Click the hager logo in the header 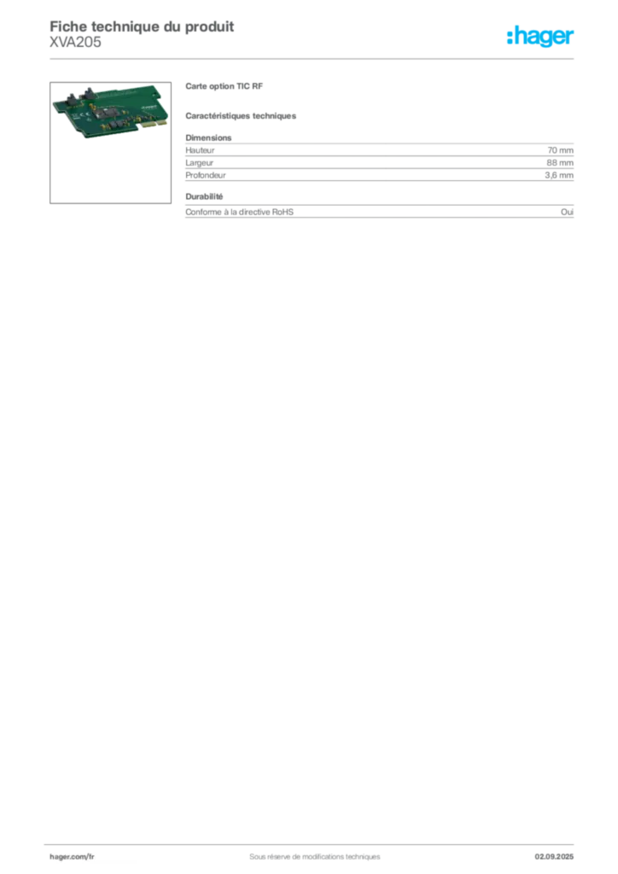pyautogui.click(x=540, y=36)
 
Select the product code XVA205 pyautogui.click(x=75, y=43)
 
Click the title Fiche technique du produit pyautogui.click(x=142, y=26)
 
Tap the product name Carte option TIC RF pyautogui.click(x=224, y=86)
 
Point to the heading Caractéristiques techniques pyautogui.click(x=241, y=116)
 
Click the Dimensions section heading pyautogui.click(x=208, y=137)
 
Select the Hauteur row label pyautogui.click(x=200, y=150)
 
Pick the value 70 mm pyautogui.click(x=560, y=150)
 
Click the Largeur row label pyautogui.click(x=200, y=163)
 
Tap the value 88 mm pyautogui.click(x=560, y=163)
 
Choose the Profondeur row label pyautogui.click(x=206, y=175)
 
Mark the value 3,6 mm pyautogui.click(x=559, y=175)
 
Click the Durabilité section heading pyautogui.click(x=204, y=197)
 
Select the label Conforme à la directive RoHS pyautogui.click(x=240, y=212)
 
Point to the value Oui pyautogui.click(x=568, y=212)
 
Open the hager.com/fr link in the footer pyautogui.click(x=72, y=857)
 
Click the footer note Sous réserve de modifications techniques pyautogui.click(x=315, y=857)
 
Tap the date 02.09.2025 pyautogui.click(x=554, y=857)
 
